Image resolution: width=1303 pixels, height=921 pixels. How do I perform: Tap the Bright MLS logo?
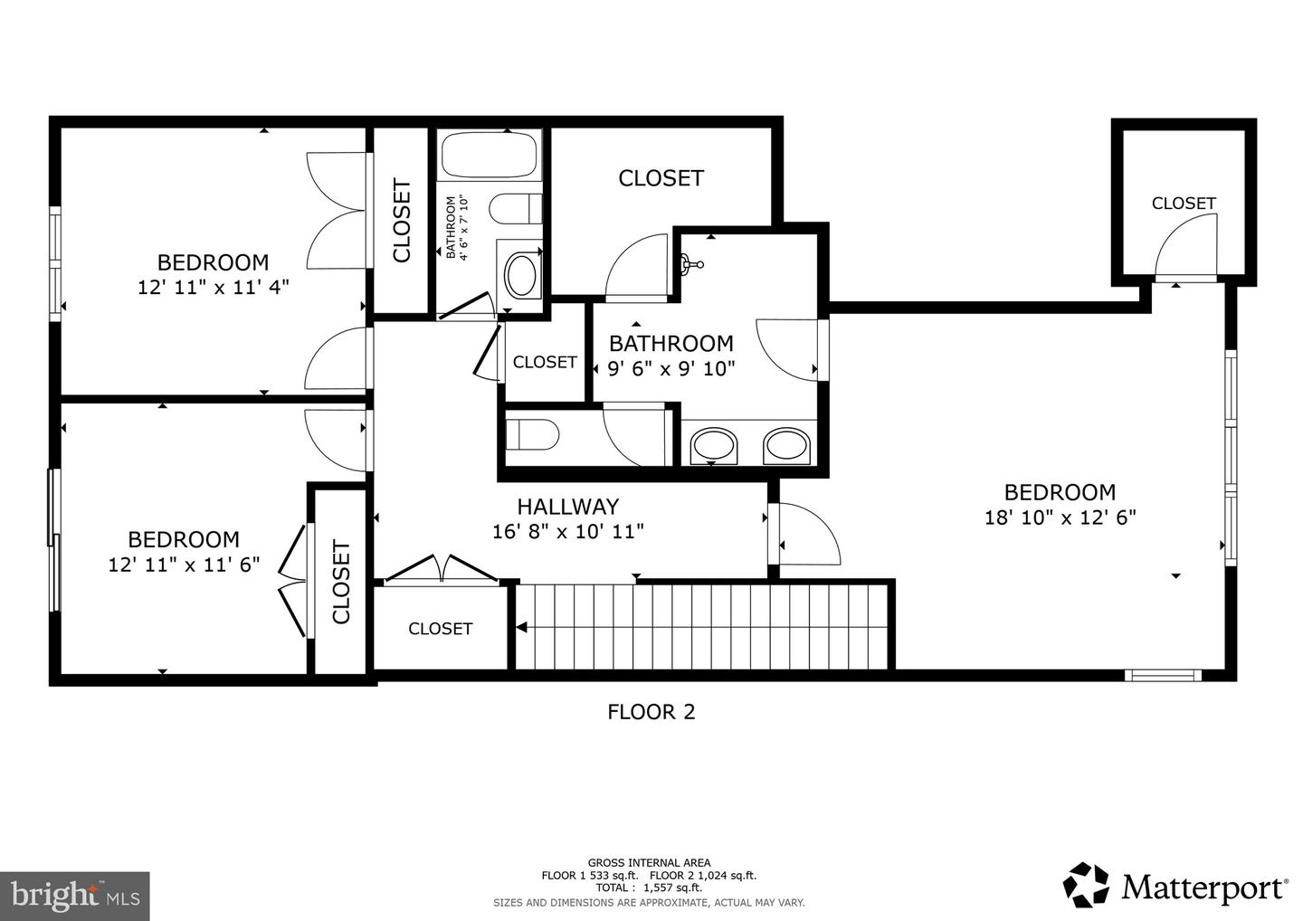(74, 896)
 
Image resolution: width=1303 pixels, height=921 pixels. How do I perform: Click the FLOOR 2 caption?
(651, 712)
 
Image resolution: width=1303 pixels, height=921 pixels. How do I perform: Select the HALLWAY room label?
(567, 507)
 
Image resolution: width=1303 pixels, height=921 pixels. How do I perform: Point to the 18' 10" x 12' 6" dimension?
(1060, 518)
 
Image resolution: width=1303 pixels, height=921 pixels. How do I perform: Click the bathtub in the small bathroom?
(489, 155)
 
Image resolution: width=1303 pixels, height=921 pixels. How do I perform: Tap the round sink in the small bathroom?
(519, 276)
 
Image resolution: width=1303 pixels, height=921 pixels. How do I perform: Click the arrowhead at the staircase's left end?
(522, 627)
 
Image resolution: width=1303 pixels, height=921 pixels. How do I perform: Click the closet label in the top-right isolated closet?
(1183, 204)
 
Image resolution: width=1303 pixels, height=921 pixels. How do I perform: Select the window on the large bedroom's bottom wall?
(1163, 674)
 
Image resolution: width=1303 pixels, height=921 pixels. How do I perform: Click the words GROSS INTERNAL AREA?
(649, 862)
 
